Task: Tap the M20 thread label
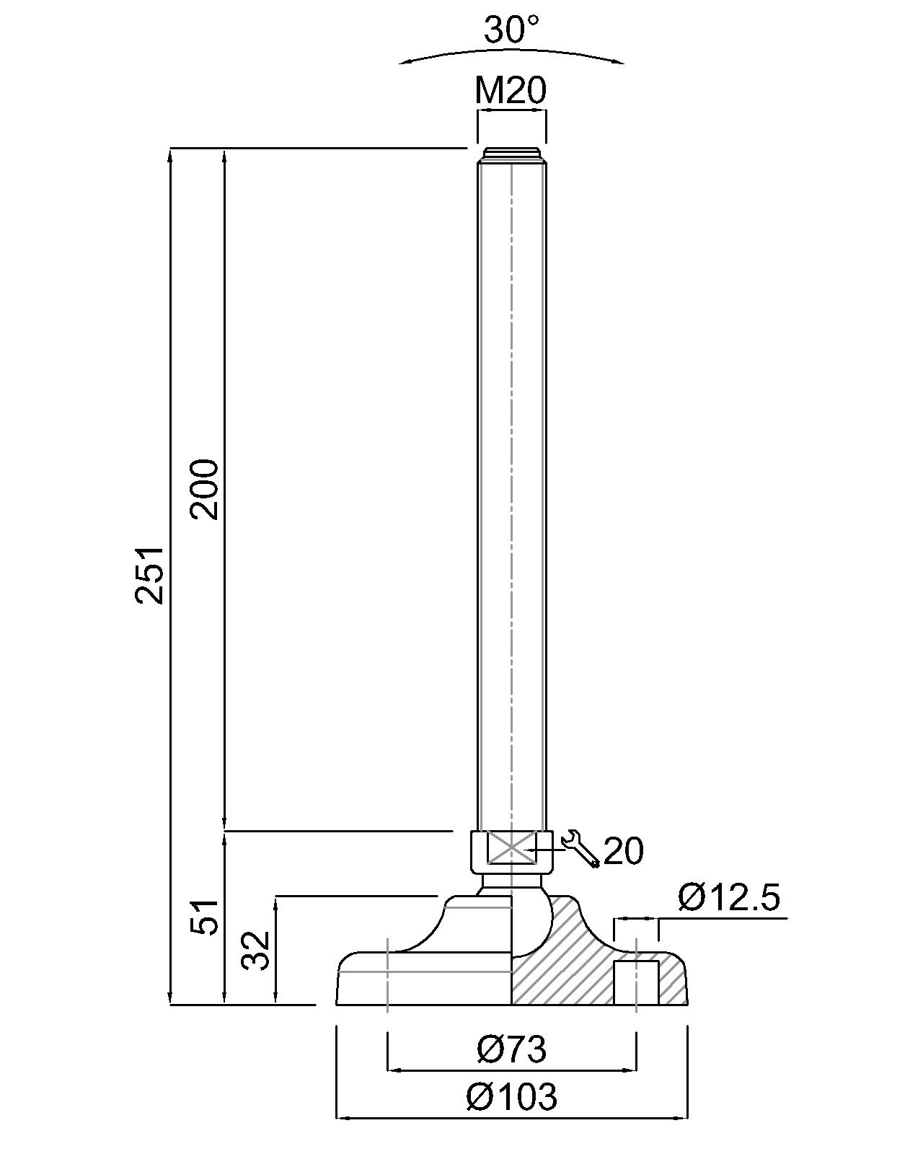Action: (511, 92)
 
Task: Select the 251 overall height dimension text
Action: (152, 574)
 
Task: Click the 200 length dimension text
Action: (205, 488)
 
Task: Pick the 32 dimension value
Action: (256, 950)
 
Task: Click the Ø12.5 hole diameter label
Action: (729, 899)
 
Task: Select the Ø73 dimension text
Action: (511, 1049)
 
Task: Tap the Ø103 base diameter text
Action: (511, 1097)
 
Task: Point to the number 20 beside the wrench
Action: (623, 851)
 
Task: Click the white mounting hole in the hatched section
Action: (635, 982)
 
